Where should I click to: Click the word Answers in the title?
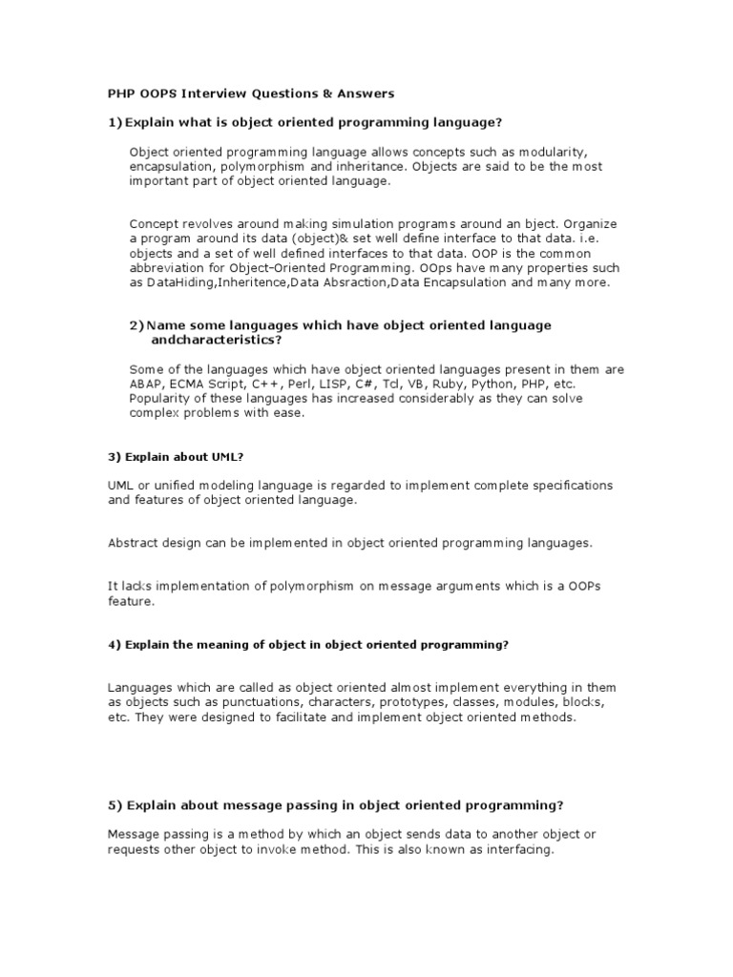(x=364, y=94)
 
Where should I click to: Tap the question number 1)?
(x=115, y=122)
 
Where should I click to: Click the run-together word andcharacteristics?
(x=217, y=340)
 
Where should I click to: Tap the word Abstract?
(x=133, y=543)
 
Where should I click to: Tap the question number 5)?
(x=115, y=804)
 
